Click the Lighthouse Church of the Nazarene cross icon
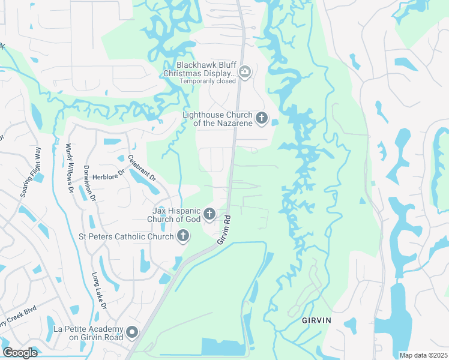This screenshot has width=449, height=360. coord(261,118)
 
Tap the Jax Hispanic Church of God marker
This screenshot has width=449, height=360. coord(209,214)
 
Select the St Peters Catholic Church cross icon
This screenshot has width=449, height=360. coord(182,236)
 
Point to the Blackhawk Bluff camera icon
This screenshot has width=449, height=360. coord(244,73)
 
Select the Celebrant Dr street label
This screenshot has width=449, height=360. coord(142,169)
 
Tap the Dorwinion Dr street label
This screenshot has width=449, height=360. coord(89,182)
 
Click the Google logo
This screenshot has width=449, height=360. coord(20,352)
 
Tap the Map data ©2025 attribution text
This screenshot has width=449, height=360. coord(423,355)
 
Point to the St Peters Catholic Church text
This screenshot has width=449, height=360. coord(125,236)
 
